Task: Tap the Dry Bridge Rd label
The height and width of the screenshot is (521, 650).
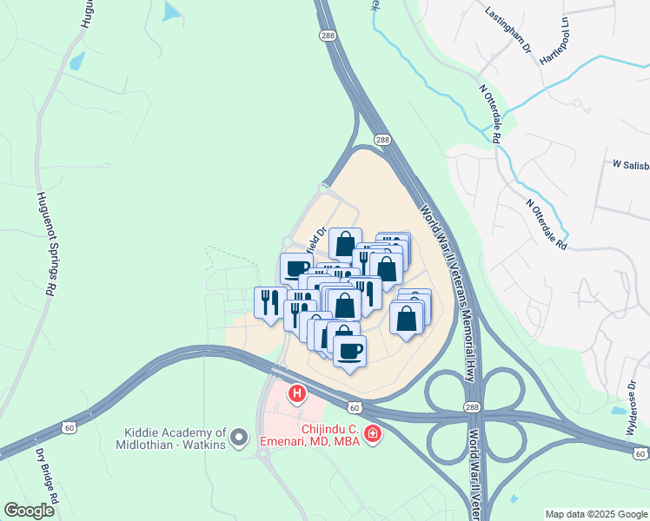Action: click(x=47, y=472)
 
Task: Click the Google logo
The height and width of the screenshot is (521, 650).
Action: click(x=29, y=511)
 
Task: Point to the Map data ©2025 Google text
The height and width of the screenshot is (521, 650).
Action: click(x=595, y=513)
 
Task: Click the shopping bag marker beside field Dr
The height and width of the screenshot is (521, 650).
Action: click(x=345, y=243)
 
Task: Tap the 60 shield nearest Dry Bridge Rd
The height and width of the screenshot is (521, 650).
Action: click(x=70, y=427)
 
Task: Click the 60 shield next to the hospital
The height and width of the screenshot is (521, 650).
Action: click(x=354, y=406)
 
